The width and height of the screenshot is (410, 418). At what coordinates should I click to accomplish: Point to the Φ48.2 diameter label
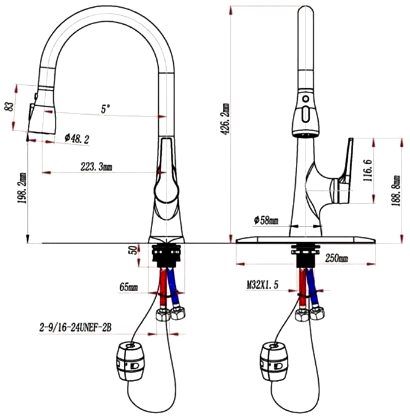[76, 140]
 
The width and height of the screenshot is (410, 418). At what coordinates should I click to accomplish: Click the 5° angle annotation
[106, 109]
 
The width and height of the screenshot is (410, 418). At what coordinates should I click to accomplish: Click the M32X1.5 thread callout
[262, 283]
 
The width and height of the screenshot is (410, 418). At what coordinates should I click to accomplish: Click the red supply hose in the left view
[164, 288]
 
